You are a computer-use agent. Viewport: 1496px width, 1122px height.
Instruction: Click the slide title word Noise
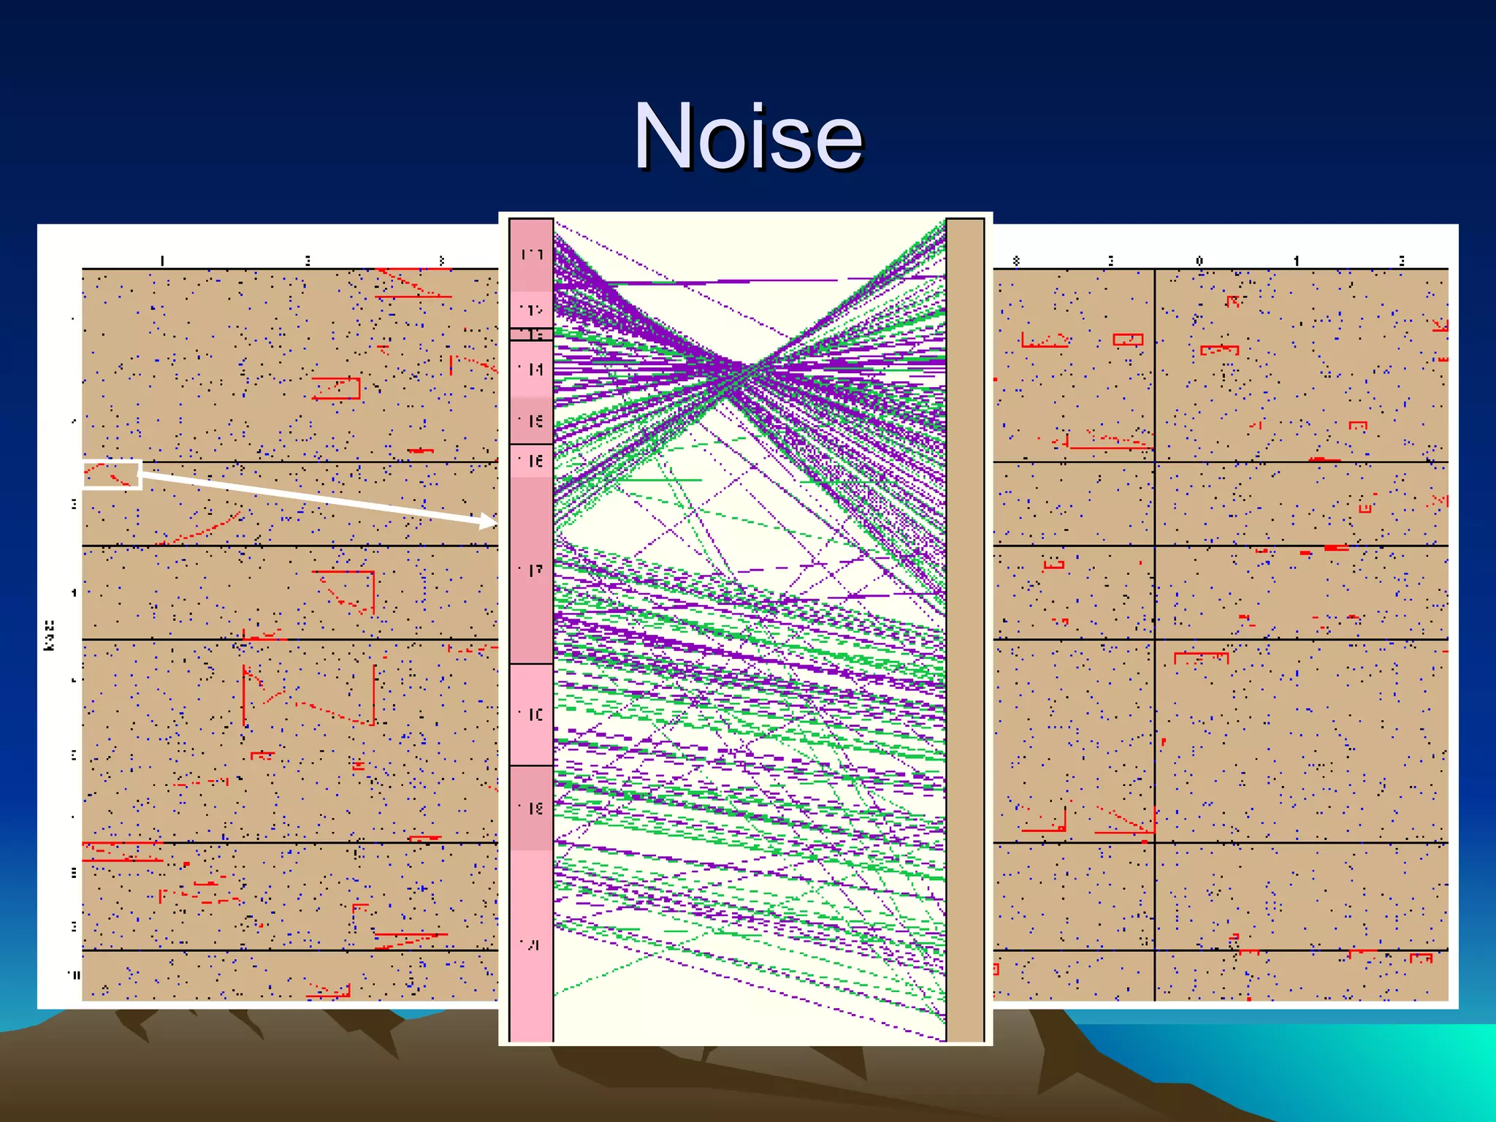748,137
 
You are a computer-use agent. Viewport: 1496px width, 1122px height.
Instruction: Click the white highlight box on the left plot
112,474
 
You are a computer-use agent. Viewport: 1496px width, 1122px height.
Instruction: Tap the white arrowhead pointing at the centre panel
488,522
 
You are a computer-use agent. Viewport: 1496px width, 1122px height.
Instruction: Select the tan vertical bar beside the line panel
965,628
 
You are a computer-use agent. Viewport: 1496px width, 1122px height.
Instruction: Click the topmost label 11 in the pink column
531,255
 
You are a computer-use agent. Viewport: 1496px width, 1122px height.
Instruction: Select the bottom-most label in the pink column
531,944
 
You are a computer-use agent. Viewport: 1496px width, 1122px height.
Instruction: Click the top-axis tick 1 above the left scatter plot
162,261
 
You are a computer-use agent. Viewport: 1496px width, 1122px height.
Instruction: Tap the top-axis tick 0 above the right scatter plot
1199,261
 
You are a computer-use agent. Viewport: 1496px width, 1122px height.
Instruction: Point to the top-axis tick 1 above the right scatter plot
1297,261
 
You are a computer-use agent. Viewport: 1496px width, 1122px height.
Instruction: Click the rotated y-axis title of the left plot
50,635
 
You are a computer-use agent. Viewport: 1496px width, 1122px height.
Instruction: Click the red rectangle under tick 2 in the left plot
337,388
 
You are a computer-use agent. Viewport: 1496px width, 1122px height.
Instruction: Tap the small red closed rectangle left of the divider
1128,340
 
